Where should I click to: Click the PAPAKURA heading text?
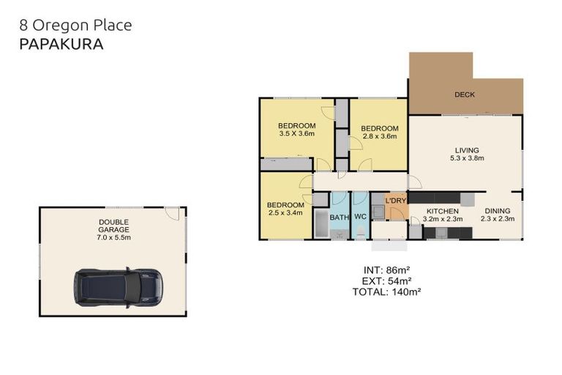61,44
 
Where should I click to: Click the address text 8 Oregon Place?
75,25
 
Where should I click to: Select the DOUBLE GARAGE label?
113,226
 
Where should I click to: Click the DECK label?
465,94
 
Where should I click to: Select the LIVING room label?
468,149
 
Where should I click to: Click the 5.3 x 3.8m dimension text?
468,157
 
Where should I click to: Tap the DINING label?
498,210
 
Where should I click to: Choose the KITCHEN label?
443,210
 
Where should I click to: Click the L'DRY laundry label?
396,201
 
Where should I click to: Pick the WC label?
360,218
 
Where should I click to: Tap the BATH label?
339,218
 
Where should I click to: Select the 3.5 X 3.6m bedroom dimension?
296,134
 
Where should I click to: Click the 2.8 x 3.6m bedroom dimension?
379,135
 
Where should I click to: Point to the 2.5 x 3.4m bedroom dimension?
285,214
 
